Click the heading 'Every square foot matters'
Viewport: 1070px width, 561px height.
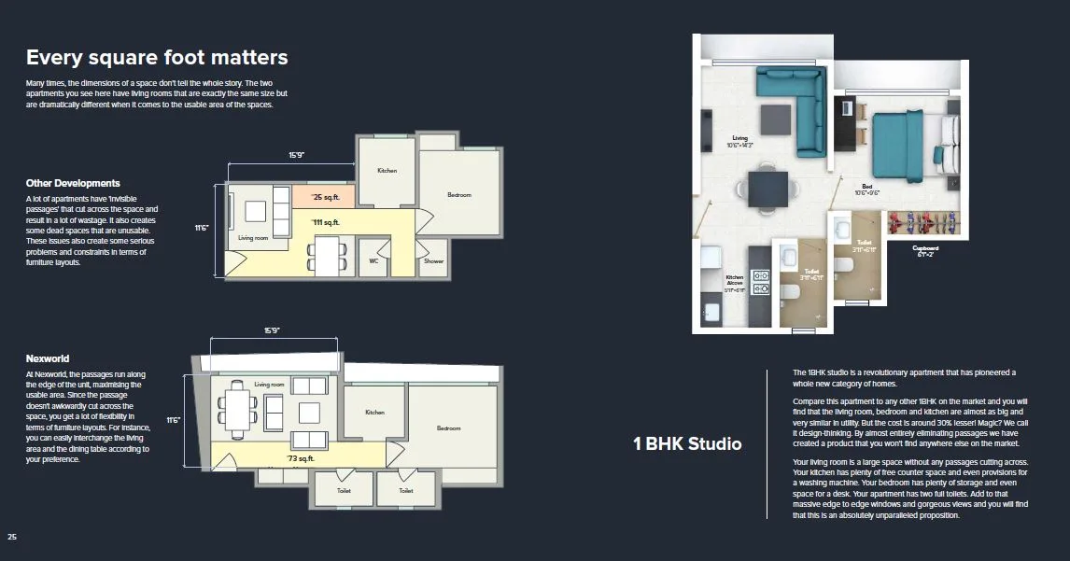157,58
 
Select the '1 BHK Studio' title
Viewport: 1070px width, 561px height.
687,443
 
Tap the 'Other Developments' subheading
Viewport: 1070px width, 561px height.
73,183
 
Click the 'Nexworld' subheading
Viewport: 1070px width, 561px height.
48,358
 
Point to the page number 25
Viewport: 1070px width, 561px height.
12,537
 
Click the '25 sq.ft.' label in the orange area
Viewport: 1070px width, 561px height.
324,198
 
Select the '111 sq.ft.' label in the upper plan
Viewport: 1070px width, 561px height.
325,222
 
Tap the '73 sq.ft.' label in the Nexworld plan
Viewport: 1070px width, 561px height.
301,458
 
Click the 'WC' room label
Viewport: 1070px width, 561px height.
374,261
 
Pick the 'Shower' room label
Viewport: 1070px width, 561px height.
433,261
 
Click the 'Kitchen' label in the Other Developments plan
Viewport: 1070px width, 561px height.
387,171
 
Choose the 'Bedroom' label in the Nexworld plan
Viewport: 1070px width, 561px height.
448,428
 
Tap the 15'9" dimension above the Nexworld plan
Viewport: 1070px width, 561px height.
272,330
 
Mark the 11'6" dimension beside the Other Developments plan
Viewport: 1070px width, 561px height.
201,227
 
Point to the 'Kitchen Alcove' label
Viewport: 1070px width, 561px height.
734,280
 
